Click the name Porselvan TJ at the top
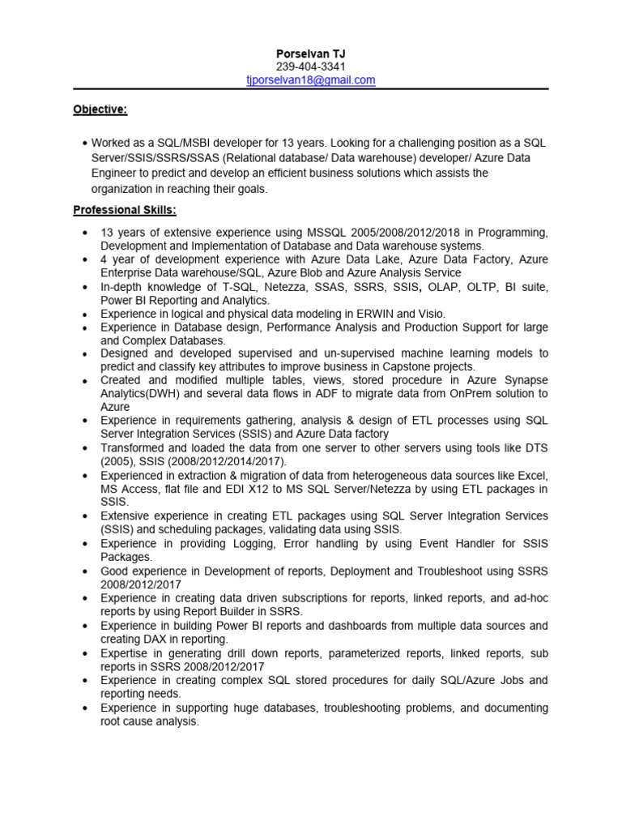[x=311, y=53]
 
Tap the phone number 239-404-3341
[x=311, y=66]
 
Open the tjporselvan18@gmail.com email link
[x=311, y=79]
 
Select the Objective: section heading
[x=100, y=109]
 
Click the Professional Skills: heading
[x=125, y=211]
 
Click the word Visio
[x=430, y=314]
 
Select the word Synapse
[x=524, y=380]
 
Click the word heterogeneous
[x=377, y=475]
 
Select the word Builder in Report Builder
[x=219, y=611]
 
